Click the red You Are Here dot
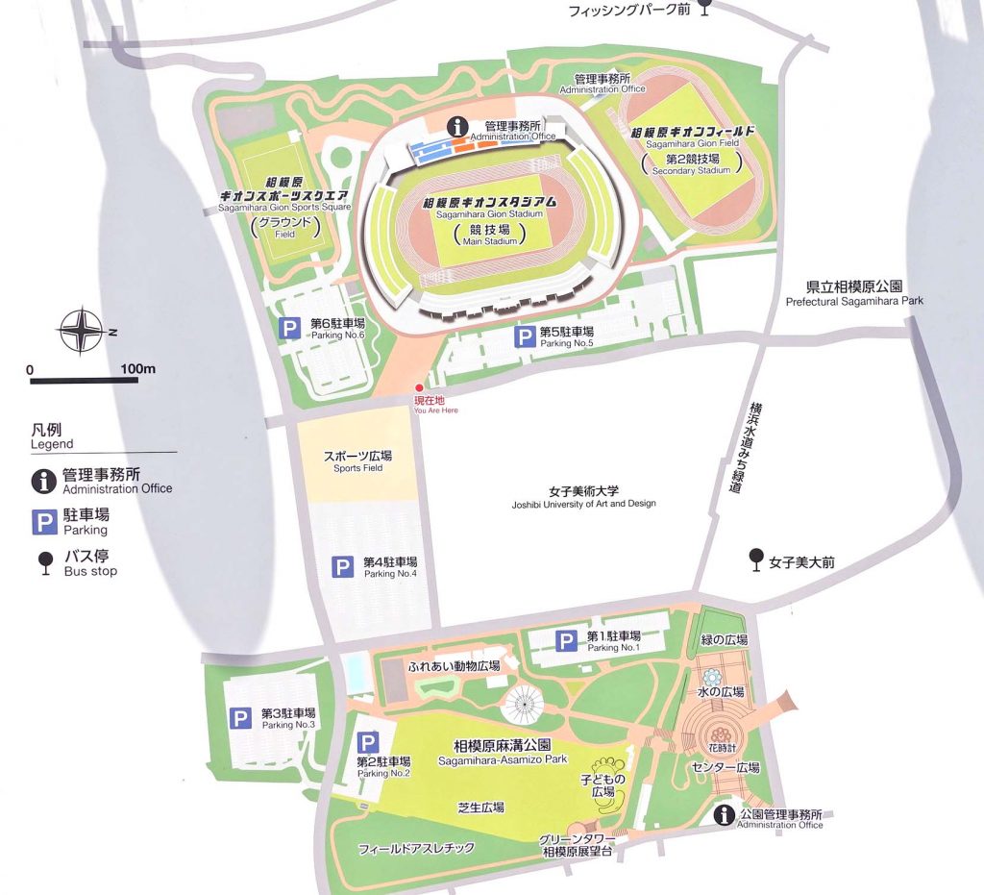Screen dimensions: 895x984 click(418, 387)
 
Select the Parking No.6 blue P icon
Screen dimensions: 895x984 click(289, 329)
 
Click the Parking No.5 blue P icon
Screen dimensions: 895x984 click(525, 336)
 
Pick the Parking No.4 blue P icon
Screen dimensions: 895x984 click(343, 567)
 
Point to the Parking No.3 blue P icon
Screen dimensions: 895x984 click(240, 718)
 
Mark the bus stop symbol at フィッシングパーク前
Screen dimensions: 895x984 click(704, 8)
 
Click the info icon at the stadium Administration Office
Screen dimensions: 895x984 click(459, 126)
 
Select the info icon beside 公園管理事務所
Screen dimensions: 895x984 click(726, 815)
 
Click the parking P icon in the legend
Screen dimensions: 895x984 click(44, 522)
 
